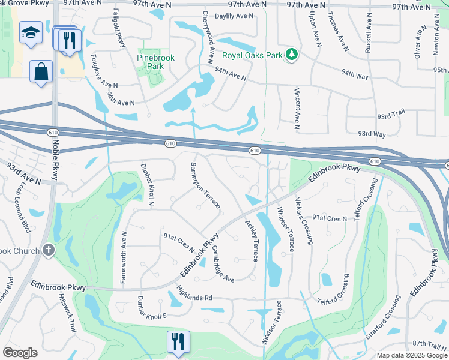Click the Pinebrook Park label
pyautogui.click(x=156, y=62)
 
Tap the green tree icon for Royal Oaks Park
pyautogui.click(x=292, y=55)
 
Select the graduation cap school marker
pyautogui.click(x=31, y=34)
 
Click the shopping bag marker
pyautogui.click(x=41, y=71)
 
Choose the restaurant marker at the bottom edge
pyautogui.click(x=178, y=342)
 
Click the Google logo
pyautogui.click(x=20, y=353)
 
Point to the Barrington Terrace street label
pyautogui.click(x=206, y=185)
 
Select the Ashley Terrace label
pyautogui.click(x=252, y=240)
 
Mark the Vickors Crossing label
pyautogui.click(x=304, y=221)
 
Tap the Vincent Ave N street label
pyautogui.click(x=297, y=108)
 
